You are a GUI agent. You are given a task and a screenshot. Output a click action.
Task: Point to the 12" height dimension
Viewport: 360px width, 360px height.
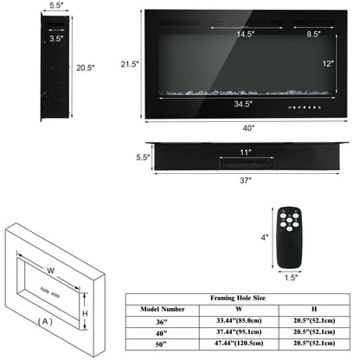(x=325, y=64)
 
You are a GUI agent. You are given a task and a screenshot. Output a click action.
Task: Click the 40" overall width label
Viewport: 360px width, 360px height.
(x=249, y=126)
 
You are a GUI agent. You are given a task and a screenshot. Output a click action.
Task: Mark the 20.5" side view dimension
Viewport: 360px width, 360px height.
(x=60, y=67)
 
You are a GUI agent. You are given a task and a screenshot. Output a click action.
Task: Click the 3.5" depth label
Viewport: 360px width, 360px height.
(x=31, y=38)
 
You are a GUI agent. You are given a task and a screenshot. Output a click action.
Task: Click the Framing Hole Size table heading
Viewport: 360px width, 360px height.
(x=234, y=297)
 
